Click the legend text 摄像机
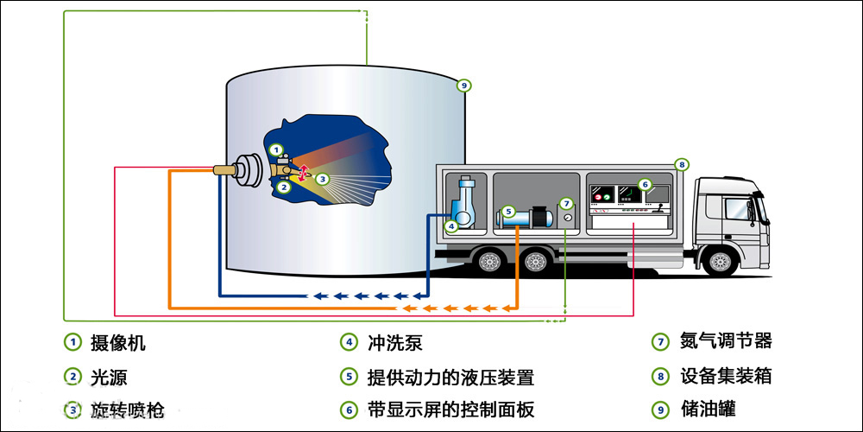point(118,342)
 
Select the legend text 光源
point(110,377)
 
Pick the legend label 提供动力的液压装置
point(450,377)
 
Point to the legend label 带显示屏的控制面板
point(450,409)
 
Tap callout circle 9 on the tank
point(463,85)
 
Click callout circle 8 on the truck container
point(681,163)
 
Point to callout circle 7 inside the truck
point(566,204)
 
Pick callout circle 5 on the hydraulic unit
point(508,211)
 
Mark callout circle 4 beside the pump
point(450,227)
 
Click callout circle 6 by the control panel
point(644,184)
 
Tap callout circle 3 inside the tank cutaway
point(322,180)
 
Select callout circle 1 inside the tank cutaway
point(276,149)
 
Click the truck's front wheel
point(719,260)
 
